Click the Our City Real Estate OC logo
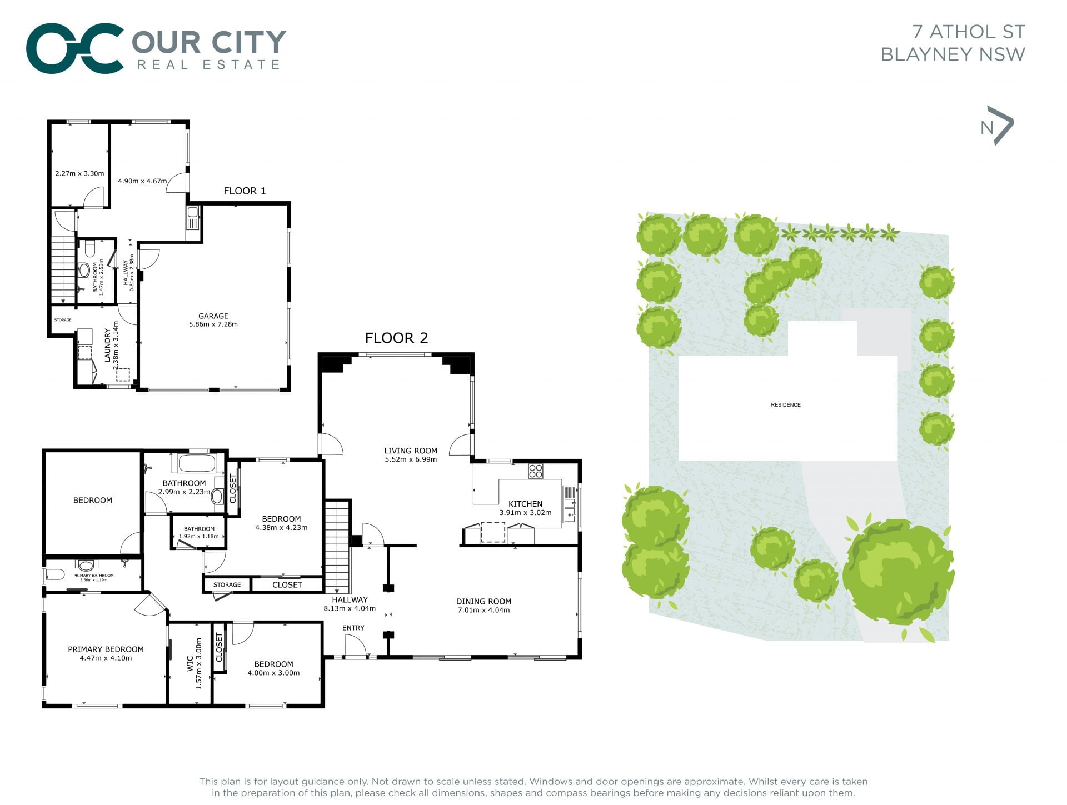[x=74, y=48]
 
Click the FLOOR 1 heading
[x=245, y=191]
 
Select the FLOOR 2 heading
[x=396, y=338]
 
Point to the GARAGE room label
[x=213, y=316]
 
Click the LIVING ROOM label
[x=411, y=451]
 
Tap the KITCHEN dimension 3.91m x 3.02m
[x=525, y=513]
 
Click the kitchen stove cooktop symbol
[x=536, y=471]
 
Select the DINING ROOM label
[x=483, y=601]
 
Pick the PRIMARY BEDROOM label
[x=106, y=649]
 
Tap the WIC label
[x=190, y=663]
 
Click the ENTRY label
[x=353, y=628]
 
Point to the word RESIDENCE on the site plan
[x=786, y=405]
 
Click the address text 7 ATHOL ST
[x=969, y=32]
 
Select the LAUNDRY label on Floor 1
[x=108, y=346]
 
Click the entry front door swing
[x=356, y=646]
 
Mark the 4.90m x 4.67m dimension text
[x=142, y=181]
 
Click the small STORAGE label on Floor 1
[x=63, y=320]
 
